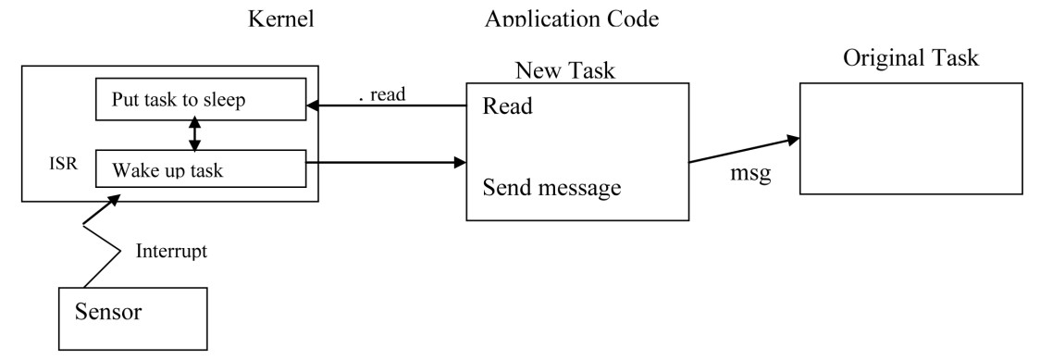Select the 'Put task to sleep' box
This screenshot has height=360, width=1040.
coord(199,100)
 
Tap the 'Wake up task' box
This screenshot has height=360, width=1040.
coord(199,170)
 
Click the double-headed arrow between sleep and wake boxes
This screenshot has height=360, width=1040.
coord(194,135)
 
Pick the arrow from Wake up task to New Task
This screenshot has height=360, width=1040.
coord(384,165)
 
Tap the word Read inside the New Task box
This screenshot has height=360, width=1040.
coord(508,106)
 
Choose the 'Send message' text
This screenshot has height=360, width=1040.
coord(549,189)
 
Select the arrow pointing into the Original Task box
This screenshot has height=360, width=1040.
coord(743,151)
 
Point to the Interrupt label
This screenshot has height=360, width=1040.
coord(173,250)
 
